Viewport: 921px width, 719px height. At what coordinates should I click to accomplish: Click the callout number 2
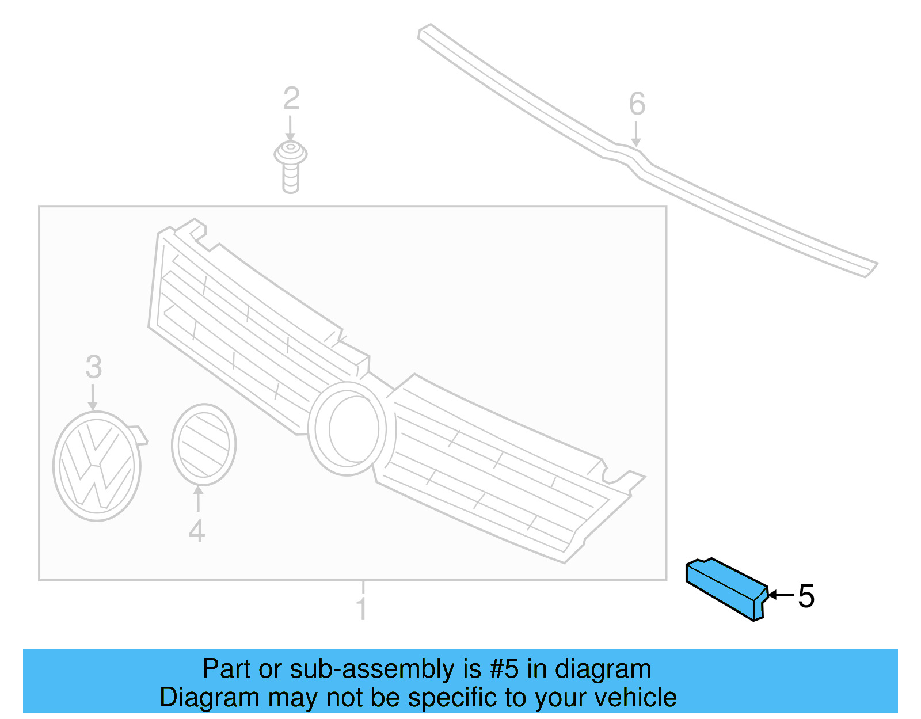pos(292,98)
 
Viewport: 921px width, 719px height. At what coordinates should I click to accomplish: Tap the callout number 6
pos(637,104)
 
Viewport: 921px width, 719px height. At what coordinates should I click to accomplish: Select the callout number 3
pos(94,367)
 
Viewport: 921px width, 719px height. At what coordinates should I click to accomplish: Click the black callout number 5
pos(806,596)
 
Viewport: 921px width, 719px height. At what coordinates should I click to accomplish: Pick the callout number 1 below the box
pos(361,609)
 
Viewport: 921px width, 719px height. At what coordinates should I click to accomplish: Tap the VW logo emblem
pos(100,466)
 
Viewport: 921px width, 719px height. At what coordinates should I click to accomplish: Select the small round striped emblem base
pos(204,445)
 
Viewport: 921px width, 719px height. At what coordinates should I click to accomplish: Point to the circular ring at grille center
pos(347,428)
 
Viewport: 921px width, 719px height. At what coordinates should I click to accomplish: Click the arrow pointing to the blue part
pos(781,595)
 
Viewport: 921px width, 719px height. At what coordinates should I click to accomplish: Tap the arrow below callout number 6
pos(635,134)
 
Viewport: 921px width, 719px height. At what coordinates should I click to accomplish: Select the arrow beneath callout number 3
pos(93,397)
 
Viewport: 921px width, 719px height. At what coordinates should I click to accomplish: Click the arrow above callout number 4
pos(198,499)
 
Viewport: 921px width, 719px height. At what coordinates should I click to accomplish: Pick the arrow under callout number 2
pos(290,128)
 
